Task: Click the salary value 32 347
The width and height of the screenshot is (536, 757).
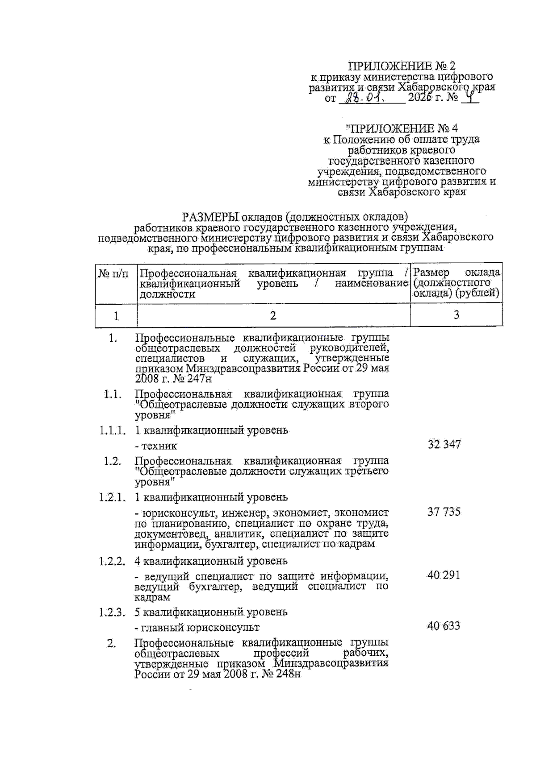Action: click(x=444, y=444)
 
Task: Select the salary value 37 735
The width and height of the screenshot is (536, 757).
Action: click(x=444, y=512)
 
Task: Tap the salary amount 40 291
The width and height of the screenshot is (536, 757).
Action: click(x=443, y=575)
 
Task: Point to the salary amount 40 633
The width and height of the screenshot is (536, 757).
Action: click(x=443, y=626)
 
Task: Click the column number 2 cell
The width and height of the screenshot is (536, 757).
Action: click(x=273, y=315)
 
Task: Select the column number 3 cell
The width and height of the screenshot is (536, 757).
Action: click(x=456, y=315)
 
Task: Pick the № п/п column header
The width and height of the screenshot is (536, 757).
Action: click(x=113, y=273)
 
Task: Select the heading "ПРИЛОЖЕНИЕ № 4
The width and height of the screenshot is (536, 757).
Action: click(x=402, y=128)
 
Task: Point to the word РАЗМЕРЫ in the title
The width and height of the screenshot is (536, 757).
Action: click(x=210, y=217)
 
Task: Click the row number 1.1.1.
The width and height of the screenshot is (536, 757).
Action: click(x=112, y=430)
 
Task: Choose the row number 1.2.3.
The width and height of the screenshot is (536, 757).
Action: click(x=112, y=612)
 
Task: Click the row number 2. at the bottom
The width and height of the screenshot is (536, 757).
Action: click(x=112, y=643)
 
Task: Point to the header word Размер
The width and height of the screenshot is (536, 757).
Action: click(x=432, y=272)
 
